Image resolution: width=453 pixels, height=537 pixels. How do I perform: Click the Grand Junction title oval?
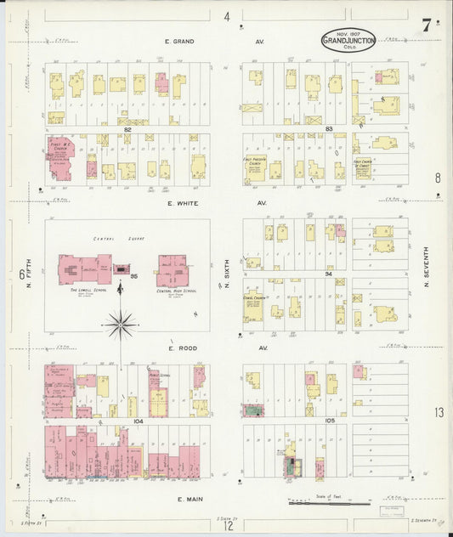click(348, 41)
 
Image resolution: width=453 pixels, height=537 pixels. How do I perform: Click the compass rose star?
click(121, 323)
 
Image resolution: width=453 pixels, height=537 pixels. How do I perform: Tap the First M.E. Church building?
click(59, 159)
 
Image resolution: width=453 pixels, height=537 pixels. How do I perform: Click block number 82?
click(127, 129)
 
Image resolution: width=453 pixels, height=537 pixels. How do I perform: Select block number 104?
click(127, 421)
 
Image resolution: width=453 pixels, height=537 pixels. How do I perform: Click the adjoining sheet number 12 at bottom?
click(229, 526)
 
